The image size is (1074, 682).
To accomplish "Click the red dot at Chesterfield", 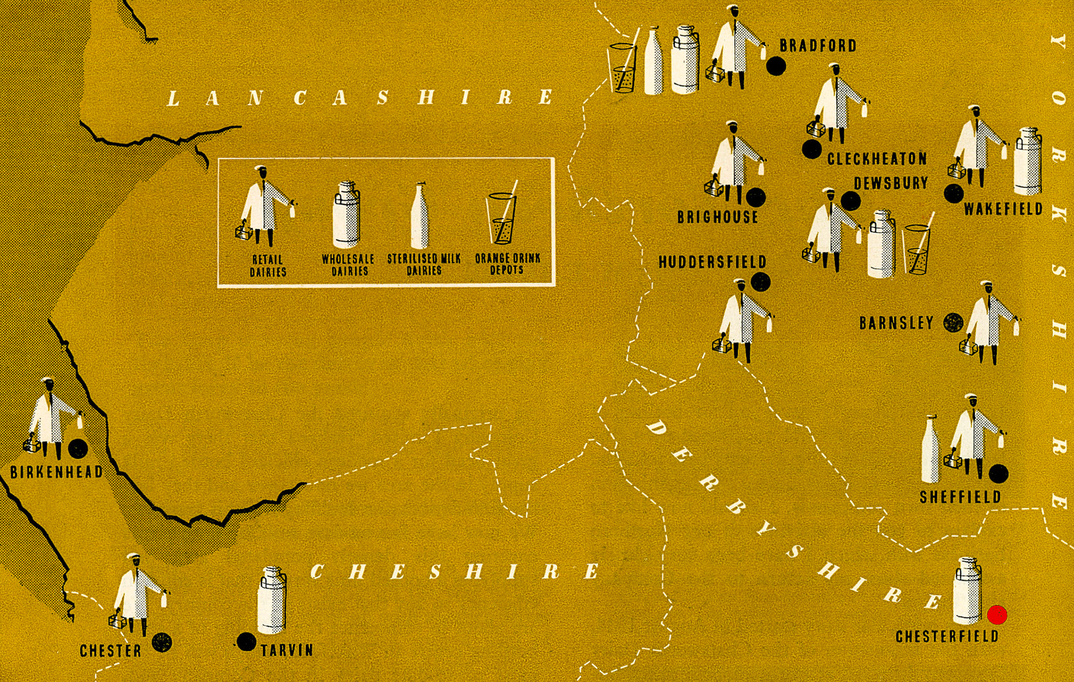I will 997,615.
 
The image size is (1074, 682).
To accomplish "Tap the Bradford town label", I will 818,45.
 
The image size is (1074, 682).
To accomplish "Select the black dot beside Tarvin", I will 246,642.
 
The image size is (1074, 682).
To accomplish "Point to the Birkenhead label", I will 56,472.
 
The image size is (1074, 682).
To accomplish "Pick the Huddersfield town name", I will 712,262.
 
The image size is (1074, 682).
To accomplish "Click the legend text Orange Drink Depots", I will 507,264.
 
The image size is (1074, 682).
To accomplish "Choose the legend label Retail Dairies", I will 268,266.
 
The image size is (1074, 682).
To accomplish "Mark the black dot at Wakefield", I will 954,193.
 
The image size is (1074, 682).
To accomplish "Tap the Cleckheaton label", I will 877,159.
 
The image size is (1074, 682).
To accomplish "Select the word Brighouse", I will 718,217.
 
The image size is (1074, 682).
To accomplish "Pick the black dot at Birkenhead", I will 78,448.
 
